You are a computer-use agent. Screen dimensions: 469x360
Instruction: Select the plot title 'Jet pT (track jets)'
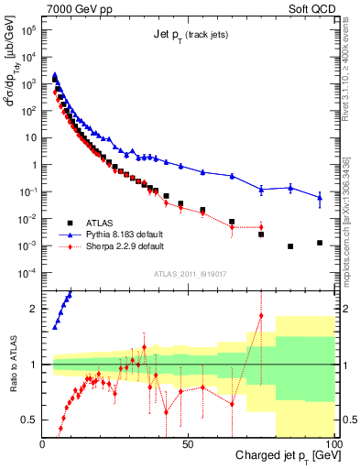point(190,35)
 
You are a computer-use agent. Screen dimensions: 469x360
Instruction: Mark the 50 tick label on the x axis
point(188,442)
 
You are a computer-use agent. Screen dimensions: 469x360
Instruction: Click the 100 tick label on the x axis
point(332,442)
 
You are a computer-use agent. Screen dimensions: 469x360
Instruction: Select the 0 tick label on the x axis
point(43,442)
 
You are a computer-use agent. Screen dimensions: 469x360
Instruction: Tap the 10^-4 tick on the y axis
point(30,273)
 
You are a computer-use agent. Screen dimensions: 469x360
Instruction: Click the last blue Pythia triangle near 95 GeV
point(320,197)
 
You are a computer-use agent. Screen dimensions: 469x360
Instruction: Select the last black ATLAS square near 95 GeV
point(320,243)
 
